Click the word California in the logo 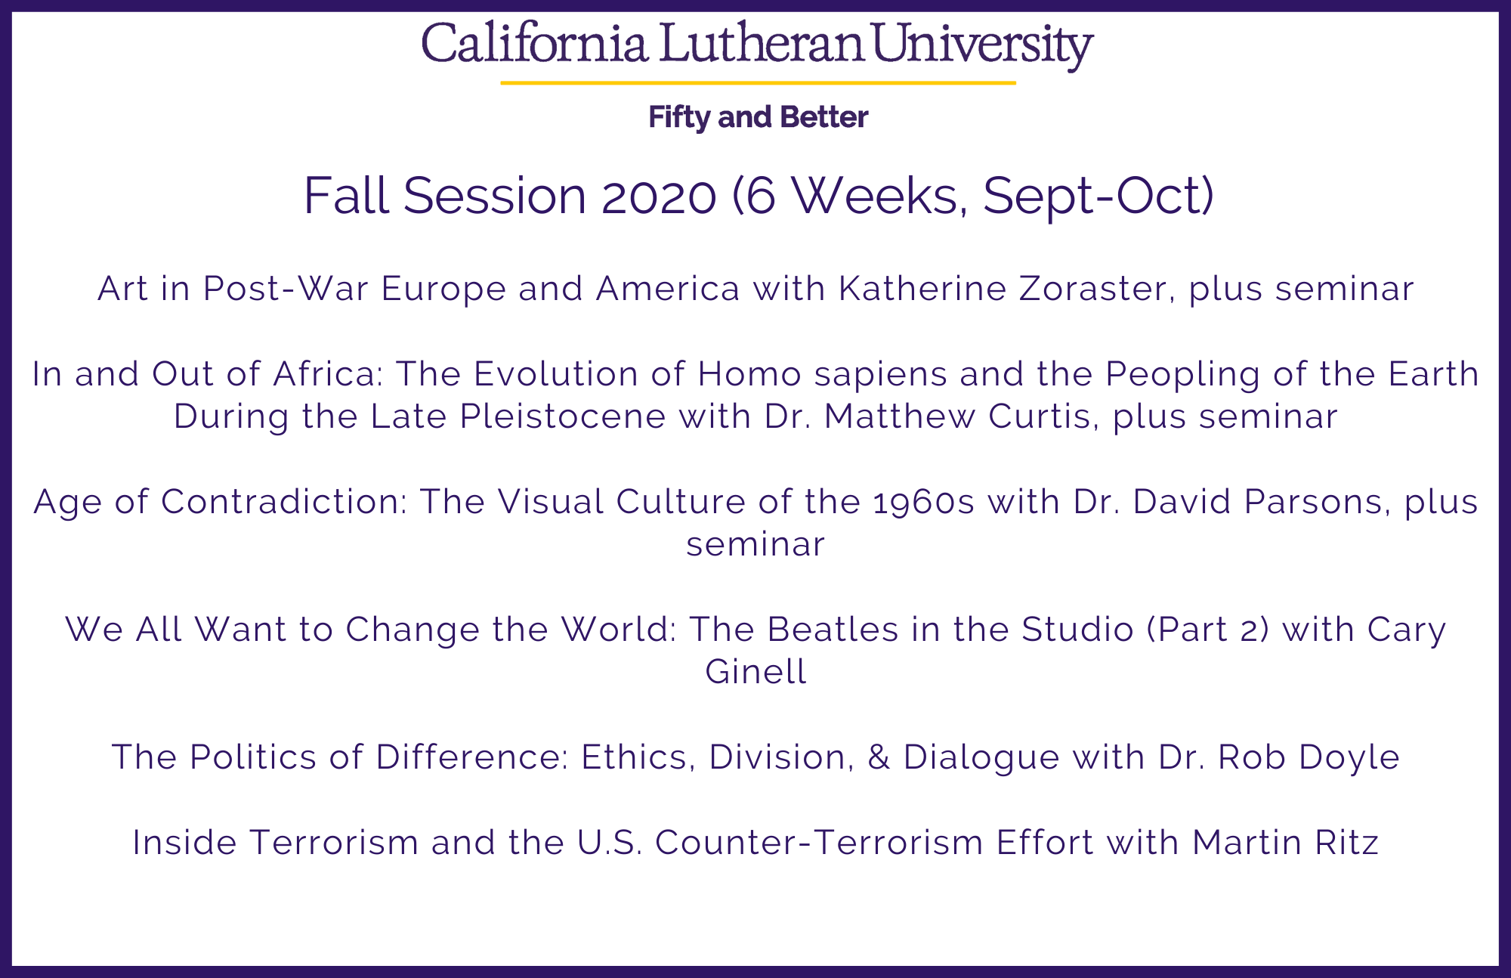[x=535, y=43]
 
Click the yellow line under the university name [x=758, y=82]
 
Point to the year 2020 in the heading [x=659, y=196]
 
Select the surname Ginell [x=755, y=672]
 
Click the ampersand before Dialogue [x=879, y=757]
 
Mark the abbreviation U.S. [x=610, y=843]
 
